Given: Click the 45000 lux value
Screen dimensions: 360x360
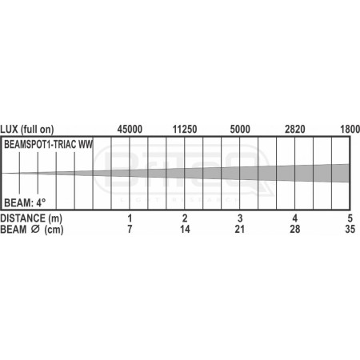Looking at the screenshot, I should point(130,128).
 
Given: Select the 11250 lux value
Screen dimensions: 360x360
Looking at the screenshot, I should point(185,128).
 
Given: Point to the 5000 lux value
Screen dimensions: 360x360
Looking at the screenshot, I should point(240,128).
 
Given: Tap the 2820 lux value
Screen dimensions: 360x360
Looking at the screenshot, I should point(295,128).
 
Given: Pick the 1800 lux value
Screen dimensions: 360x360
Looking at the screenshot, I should point(350,128).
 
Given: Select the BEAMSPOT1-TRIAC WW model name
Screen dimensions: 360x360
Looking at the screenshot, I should point(48,146).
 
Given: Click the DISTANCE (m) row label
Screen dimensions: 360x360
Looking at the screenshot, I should point(31,218).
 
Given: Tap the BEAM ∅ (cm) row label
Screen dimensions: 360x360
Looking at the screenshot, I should point(31,230).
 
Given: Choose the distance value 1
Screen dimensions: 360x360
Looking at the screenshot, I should point(130,218).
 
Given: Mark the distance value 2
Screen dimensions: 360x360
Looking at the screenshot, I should point(185,218).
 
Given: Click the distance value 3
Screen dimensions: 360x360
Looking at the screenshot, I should point(240,218).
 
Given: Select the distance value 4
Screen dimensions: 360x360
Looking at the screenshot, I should point(295,218).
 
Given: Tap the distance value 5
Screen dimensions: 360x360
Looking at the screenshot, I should point(350,218).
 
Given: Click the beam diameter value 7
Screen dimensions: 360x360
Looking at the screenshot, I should point(130,230).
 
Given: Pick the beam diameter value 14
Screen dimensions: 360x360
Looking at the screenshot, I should point(185,230).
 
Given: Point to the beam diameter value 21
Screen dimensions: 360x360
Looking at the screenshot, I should point(240,230).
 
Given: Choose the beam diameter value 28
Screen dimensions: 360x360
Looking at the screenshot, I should point(295,230).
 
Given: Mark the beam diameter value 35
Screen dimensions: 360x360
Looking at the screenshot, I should point(349,230).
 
